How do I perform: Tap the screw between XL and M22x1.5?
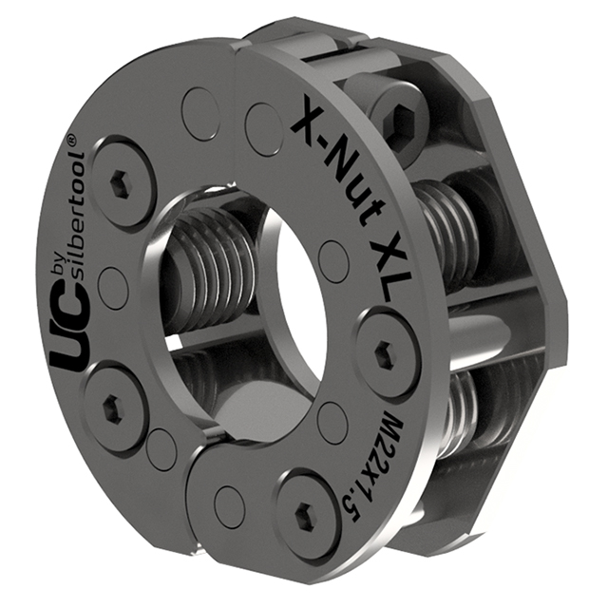click(x=384, y=355)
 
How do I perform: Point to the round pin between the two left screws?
click(x=112, y=284)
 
